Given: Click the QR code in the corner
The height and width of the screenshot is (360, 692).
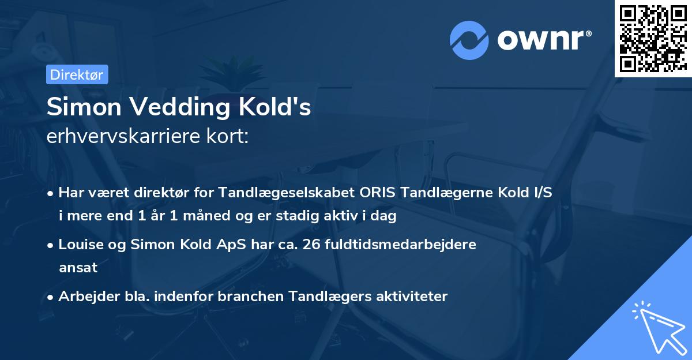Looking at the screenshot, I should coord(653,38).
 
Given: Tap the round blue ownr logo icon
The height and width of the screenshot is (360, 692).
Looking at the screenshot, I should coord(469,40).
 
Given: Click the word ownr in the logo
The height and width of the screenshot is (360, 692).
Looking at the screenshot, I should coord(541,40).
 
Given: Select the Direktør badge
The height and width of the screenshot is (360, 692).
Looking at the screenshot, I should coord(77,74).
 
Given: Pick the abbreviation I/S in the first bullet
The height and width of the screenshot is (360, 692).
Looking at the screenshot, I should coord(542,193).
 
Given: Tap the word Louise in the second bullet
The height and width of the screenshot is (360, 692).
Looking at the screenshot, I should coord(78,244).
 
